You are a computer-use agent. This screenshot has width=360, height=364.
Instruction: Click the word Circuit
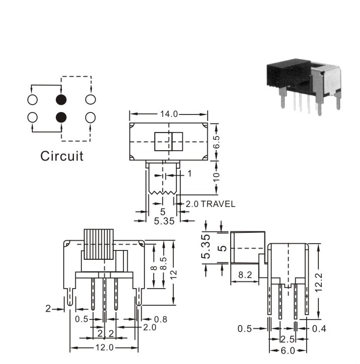click(x=62, y=156)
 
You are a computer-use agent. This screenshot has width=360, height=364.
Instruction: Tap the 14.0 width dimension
click(x=169, y=114)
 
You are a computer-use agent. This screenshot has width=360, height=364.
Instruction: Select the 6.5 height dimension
click(x=216, y=142)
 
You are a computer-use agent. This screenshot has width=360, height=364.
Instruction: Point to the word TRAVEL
click(x=218, y=204)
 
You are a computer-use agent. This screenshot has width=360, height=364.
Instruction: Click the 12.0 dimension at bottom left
click(x=105, y=347)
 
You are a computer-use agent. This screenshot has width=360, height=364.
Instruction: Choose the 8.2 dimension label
click(x=245, y=275)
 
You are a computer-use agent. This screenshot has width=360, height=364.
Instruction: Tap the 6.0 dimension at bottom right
click(x=288, y=350)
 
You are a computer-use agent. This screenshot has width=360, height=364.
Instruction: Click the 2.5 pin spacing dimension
click(x=288, y=340)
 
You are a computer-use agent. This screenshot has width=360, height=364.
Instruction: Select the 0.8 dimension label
click(x=161, y=319)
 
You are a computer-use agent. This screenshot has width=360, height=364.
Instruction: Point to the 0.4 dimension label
click(x=319, y=329)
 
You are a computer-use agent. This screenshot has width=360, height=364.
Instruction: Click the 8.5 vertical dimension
click(x=164, y=263)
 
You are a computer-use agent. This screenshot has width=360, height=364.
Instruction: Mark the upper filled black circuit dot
click(x=61, y=100)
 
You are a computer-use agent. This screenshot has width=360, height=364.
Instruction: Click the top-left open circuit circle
click(x=32, y=100)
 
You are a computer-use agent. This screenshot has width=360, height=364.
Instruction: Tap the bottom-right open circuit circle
click(x=91, y=117)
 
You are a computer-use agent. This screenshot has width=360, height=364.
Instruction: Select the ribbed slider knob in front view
click(x=98, y=244)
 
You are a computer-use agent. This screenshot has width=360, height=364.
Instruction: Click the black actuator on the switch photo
click(x=288, y=73)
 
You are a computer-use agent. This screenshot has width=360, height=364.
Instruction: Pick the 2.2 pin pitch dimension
click(x=106, y=334)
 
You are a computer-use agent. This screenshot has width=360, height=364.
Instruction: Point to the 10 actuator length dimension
click(x=216, y=178)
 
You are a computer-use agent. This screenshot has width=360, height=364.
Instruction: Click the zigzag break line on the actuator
click(x=163, y=193)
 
